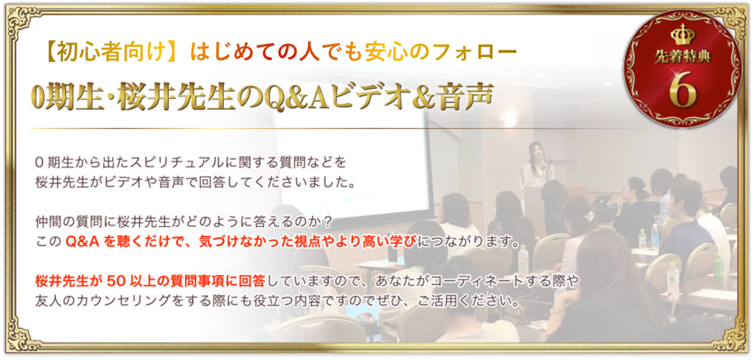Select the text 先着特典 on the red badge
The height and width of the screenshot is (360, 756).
[x=683, y=57]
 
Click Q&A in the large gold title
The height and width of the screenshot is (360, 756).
[x=297, y=98]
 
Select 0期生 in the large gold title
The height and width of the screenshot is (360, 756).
[x=66, y=97]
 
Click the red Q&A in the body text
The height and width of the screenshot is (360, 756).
[x=82, y=242]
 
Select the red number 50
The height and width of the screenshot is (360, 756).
[x=116, y=281]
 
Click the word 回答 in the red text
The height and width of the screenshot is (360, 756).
[x=252, y=281]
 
